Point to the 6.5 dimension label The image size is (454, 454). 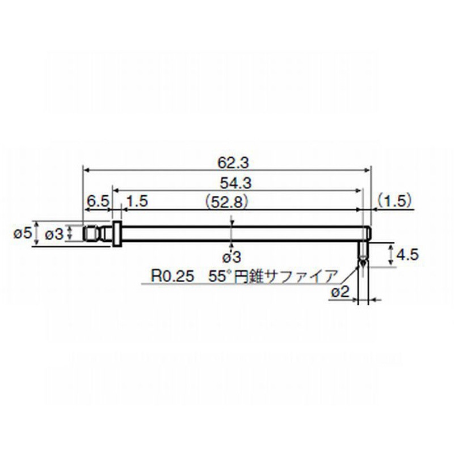[98, 201]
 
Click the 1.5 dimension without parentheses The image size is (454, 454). [138, 201]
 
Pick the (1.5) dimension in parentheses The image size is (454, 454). [394, 201]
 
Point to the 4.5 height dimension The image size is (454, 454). [407, 255]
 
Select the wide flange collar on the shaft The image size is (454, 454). [116, 233]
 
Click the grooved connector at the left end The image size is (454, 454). [94, 233]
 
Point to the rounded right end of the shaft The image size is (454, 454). [369, 233]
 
